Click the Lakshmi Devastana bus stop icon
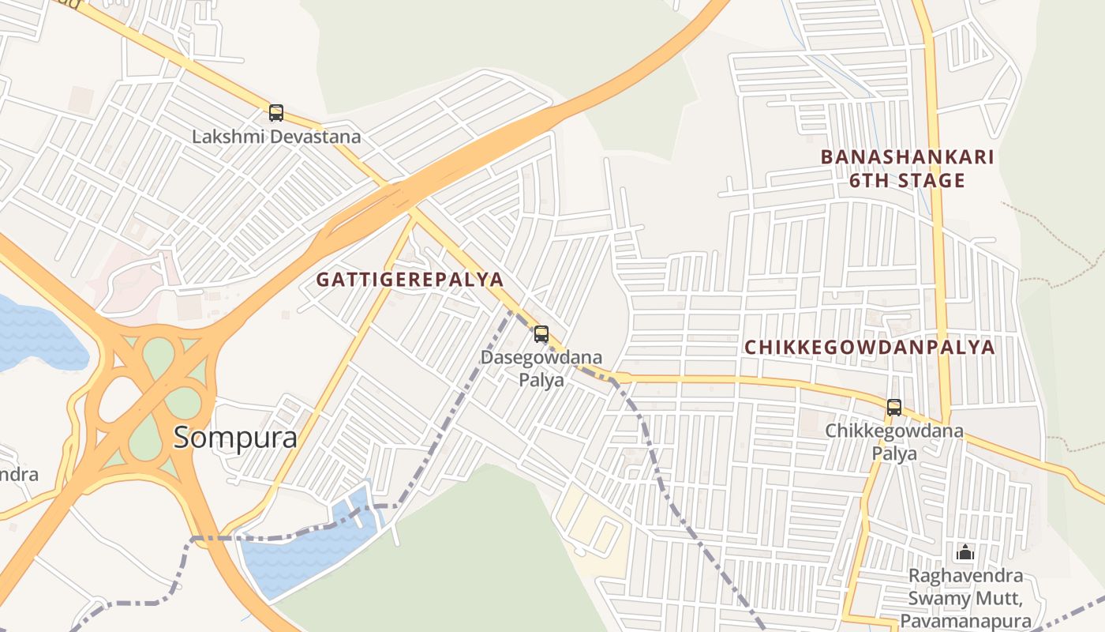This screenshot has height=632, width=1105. [275, 113]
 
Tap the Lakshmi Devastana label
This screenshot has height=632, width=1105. [276, 137]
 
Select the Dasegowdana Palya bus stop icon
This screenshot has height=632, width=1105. [541, 334]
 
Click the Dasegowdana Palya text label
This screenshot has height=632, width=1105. [541, 368]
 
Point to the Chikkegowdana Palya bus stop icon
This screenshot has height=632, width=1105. [893, 408]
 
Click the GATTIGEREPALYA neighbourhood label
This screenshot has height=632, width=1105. [410, 280]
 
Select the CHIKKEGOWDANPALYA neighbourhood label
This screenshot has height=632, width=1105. [870, 348]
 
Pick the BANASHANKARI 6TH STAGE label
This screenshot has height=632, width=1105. [907, 168]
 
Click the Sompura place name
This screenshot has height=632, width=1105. [235, 437]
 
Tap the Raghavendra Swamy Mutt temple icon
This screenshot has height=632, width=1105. [965, 551]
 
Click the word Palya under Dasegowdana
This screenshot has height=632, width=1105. [541, 380]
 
